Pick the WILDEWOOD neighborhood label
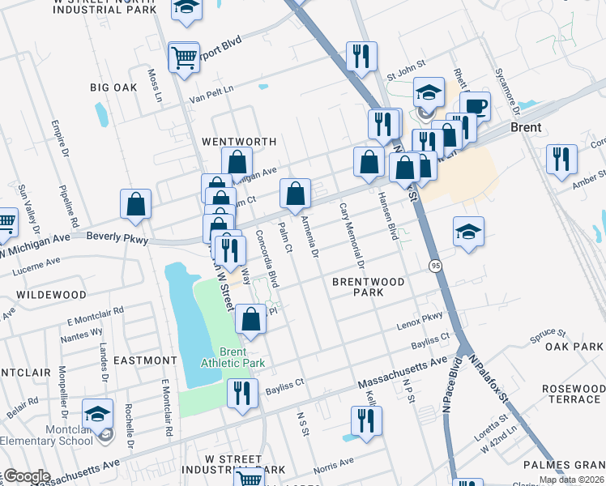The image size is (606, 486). click(x=51, y=295)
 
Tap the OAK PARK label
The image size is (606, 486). click(x=574, y=347)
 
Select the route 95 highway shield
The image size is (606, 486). click(x=436, y=265)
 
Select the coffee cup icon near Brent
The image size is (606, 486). click(x=475, y=106)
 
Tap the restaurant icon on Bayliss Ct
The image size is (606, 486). click(x=242, y=394)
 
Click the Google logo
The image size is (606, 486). click(x=27, y=477)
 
